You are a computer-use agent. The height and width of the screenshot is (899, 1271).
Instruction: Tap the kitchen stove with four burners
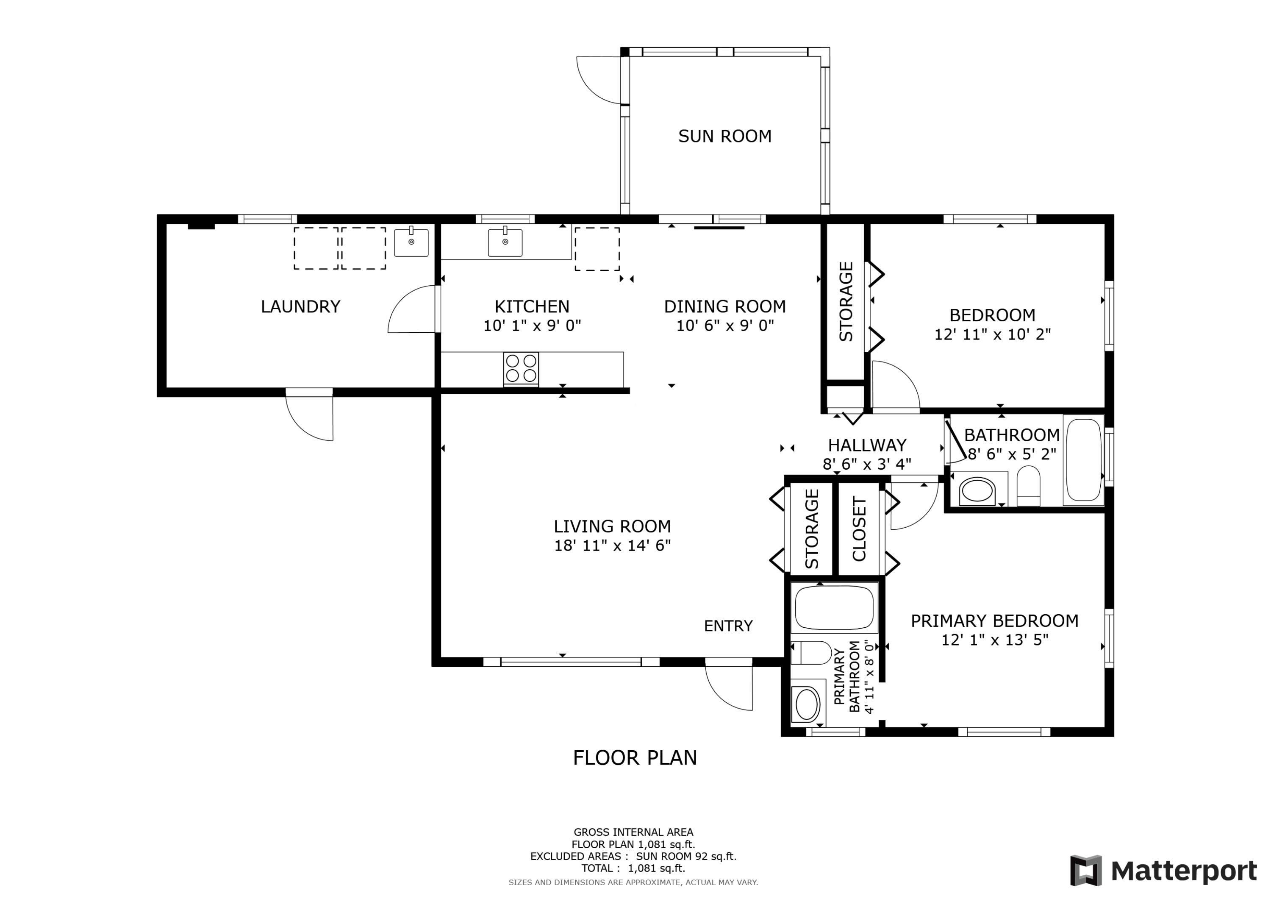pos(521,369)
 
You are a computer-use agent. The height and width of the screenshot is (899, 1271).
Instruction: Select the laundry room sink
pos(411,242)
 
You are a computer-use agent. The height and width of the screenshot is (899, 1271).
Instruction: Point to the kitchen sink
pos(505,242)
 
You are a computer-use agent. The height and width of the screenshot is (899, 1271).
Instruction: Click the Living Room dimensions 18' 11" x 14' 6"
pos(612,546)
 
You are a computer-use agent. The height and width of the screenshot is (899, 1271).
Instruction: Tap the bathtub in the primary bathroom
pos(834,608)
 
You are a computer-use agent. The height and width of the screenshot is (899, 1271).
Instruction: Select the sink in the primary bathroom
pos(808,704)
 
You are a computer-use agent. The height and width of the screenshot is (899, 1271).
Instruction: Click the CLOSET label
pos(859,529)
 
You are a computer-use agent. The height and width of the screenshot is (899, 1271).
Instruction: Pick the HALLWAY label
pos(867,445)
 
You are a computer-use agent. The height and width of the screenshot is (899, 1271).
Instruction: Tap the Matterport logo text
pos(1184,871)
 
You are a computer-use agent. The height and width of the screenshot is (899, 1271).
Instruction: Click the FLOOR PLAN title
pos(635,758)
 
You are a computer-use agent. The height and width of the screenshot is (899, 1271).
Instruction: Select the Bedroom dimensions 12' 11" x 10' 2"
pos(993,334)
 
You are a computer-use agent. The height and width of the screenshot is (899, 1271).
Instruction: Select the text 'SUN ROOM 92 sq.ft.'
pos(686,856)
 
